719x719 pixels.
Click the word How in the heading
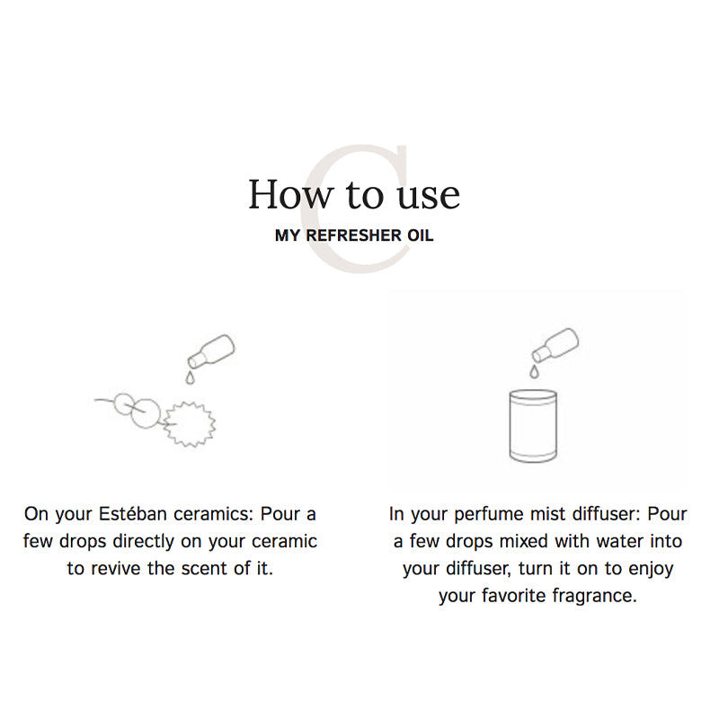(289, 194)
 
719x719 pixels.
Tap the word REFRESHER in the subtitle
(353, 235)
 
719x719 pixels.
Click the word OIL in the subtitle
(421, 235)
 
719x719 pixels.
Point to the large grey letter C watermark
(356, 209)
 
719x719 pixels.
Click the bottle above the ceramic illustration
(211, 351)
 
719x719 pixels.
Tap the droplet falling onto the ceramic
(190, 377)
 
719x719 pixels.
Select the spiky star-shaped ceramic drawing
(190, 424)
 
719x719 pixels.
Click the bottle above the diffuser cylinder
(555, 345)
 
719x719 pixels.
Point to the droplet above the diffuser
(534, 371)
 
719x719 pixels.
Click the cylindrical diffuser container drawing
(533, 425)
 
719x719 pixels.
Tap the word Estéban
(133, 514)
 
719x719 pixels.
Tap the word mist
(548, 514)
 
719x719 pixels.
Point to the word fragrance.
(594, 597)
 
